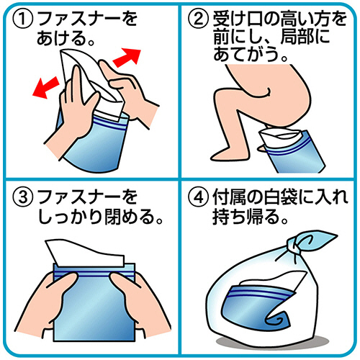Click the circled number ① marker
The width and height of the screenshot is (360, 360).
click(22, 19)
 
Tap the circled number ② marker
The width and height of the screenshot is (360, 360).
click(197, 19)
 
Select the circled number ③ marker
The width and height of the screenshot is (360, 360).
click(22, 197)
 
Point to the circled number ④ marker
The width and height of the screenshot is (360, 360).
click(197, 197)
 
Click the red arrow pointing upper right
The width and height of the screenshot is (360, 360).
click(127, 58)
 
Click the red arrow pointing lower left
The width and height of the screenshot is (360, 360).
click(45, 88)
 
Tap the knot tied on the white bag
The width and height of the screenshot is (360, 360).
click(294, 247)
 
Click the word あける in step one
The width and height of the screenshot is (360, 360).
click(60, 38)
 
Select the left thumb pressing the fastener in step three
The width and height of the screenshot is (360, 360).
click(66, 283)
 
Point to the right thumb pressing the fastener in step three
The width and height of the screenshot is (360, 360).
click(120, 282)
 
